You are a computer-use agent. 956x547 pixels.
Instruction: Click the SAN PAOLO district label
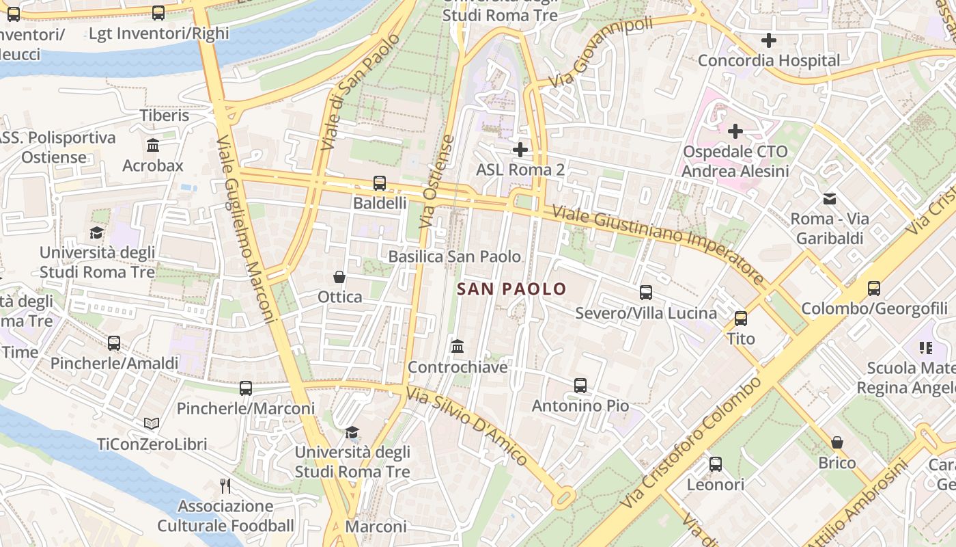point(511,289)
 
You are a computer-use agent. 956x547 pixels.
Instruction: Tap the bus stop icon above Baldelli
point(380,183)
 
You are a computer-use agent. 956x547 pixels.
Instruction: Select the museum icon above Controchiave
point(458,347)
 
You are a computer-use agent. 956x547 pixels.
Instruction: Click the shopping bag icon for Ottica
point(339,277)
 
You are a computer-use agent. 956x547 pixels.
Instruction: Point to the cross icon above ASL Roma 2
point(520,149)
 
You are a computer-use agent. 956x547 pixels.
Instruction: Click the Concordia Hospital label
point(768,60)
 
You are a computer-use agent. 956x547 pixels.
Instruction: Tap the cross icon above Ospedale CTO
point(735,131)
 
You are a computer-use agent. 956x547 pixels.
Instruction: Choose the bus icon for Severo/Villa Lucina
point(646,293)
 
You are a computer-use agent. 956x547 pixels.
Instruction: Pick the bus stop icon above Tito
point(741,318)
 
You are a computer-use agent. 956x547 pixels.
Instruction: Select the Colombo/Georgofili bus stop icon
point(874,288)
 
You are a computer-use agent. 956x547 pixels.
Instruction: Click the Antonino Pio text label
point(580,405)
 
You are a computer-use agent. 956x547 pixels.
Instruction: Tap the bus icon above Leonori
point(716,464)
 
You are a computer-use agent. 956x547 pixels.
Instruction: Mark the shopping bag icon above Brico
point(837,442)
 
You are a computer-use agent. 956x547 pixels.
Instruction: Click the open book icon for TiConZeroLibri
point(152,424)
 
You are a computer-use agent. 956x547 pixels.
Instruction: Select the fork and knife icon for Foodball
point(225,486)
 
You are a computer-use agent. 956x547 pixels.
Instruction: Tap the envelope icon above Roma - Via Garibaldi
point(830,199)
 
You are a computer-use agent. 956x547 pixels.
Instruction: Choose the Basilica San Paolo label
point(454,256)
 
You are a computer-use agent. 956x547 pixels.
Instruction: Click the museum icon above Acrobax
point(153,145)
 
